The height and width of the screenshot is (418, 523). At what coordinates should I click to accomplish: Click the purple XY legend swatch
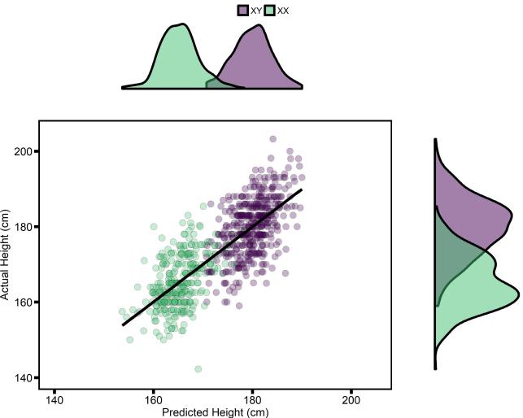(242, 10)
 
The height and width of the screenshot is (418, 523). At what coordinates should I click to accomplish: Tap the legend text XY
(255, 10)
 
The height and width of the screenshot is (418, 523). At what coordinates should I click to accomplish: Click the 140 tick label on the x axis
(54, 401)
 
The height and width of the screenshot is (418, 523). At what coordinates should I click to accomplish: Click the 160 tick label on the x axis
(153, 401)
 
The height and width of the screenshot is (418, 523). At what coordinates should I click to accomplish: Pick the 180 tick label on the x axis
(252, 401)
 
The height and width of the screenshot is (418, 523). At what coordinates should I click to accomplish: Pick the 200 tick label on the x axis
(351, 401)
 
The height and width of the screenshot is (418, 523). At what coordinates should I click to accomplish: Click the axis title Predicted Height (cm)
(216, 412)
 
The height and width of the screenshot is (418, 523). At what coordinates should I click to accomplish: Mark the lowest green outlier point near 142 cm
(198, 369)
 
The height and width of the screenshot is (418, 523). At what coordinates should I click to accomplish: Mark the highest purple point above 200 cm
(272, 139)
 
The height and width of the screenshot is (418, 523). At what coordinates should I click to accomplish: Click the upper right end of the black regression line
(302, 189)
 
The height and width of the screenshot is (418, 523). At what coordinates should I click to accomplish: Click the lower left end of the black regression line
(124, 325)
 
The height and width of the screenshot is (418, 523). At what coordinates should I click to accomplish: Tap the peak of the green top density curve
(177, 25)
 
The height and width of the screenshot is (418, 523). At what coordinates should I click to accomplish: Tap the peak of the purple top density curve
(258, 26)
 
